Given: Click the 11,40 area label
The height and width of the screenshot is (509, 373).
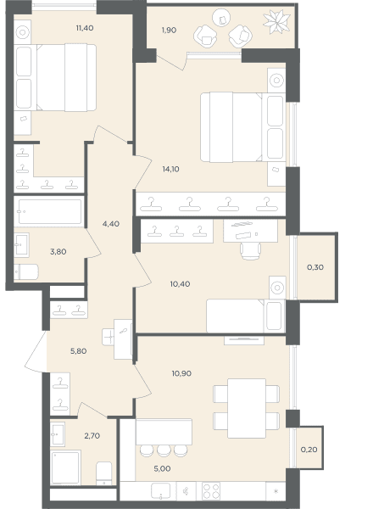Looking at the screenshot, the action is [85, 28].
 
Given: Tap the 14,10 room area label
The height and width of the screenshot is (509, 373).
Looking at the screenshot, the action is [170, 169].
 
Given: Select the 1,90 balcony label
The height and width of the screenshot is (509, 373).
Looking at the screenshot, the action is [169, 31].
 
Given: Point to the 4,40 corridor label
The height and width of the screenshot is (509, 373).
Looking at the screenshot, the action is [111, 224].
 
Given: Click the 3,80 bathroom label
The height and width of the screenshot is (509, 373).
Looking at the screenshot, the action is [58, 252].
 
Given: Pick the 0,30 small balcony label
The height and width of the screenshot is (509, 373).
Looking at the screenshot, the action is [315, 267].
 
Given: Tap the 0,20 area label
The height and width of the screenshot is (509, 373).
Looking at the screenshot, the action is [309, 450].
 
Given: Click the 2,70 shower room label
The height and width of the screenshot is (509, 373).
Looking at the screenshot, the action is [92, 436].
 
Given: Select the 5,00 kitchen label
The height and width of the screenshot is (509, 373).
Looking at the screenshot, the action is [162, 468].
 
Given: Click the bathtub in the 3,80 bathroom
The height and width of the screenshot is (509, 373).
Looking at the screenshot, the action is [49, 211].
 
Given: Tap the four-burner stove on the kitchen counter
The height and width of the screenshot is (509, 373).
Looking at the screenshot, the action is [211, 491].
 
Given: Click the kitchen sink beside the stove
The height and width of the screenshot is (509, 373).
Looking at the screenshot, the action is [160, 491].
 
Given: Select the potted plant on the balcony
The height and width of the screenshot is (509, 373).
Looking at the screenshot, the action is [276, 22].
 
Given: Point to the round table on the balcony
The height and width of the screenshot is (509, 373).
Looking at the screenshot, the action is [221, 18].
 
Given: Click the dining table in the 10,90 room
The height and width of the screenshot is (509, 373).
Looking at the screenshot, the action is [247, 408].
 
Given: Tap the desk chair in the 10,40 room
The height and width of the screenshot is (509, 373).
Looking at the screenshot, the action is [250, 251].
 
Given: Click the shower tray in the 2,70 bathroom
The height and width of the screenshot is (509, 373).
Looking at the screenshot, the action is [65, 467].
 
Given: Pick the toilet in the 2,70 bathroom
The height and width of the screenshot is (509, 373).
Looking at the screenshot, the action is [104, 473].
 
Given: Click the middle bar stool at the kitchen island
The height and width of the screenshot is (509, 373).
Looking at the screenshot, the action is [164, 450].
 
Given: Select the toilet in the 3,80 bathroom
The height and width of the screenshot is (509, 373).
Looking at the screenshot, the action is [26, 271].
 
